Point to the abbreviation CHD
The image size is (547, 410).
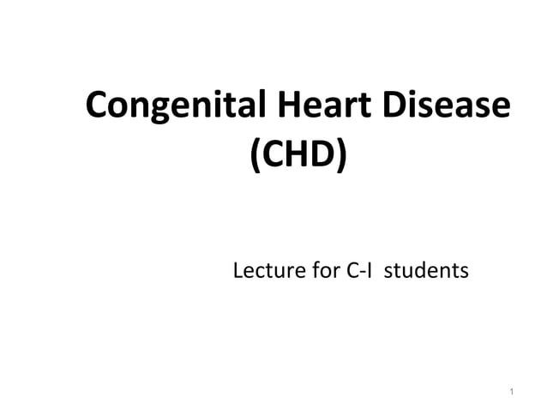[x=298, y=158]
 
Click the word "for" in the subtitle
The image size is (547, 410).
[x=316, y=272]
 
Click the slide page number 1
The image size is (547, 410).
[x=510, y=393]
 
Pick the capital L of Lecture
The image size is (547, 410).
[x=239, y=272]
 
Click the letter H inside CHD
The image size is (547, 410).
[x=298, y=158]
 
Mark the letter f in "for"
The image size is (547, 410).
[x=309, y=272]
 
